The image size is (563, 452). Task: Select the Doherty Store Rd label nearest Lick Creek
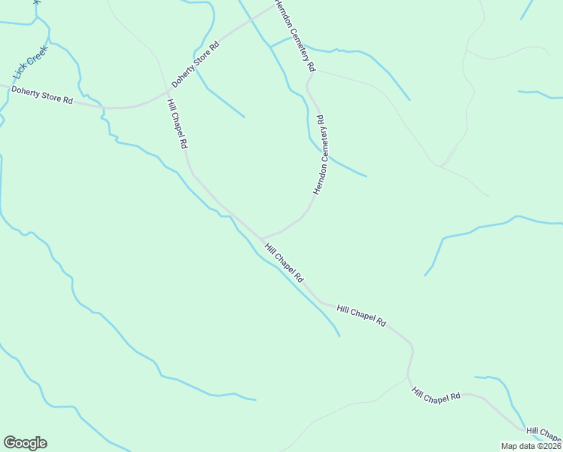click(42, 96)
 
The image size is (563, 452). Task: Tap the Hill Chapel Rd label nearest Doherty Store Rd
click(177, 124)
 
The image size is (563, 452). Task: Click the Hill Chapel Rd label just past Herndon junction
click(283, 261)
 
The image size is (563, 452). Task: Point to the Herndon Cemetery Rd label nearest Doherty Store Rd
click(294, 37)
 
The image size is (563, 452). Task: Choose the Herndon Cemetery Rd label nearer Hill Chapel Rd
click(319, 155)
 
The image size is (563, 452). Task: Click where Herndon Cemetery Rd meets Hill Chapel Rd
click(261, 237)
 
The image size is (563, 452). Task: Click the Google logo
click(25, 443)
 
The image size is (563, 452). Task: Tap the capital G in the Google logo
click(10, 443)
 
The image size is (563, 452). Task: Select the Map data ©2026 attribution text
click(531, 446)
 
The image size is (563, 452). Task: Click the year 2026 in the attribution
click(552, 446)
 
